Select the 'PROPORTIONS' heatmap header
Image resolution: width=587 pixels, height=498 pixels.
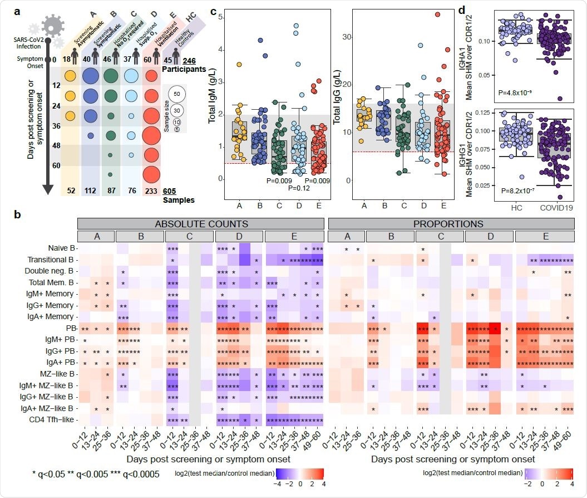click(x=452, y=223)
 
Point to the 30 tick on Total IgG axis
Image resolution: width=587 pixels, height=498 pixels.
click(x=344, y=37)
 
